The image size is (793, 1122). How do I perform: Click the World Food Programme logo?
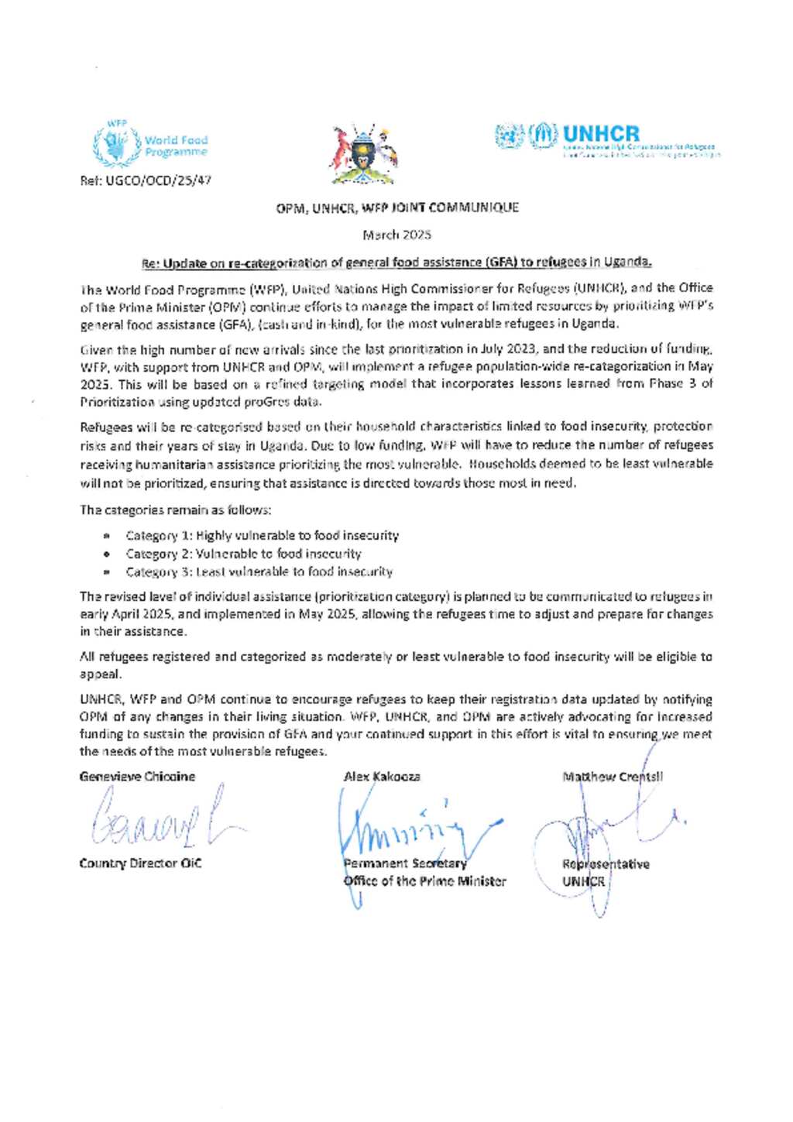click(x=150, y=144)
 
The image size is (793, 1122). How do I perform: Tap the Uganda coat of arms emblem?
click(x=362, y=154)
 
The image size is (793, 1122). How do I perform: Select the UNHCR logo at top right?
click(x=607, y=139)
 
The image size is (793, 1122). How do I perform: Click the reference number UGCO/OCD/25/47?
click(x=146, y=180)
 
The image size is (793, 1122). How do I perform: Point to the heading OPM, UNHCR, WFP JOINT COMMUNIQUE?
click(x=397, y=208)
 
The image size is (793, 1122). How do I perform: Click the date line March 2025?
click(x=396, y=234)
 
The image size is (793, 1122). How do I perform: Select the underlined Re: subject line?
click(x=396, y=262)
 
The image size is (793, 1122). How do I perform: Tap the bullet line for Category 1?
click(x=262, y=535)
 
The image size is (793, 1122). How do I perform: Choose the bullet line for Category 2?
click(x=243, y=554)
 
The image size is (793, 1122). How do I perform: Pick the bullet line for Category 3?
click(x=259, y=571)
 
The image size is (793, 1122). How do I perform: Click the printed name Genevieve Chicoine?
click(x=137, y=777)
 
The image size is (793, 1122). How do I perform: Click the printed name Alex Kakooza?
click(x=382, y=777)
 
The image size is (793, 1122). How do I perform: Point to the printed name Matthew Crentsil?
click(x=613, y=777)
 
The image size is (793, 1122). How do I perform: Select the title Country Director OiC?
click(x=140, y=863)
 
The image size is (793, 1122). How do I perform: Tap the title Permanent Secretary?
click(x=405, y=863)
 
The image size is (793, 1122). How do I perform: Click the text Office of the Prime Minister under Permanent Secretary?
click(x=424, y=881)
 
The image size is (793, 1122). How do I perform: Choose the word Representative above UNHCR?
click(x=606, y=864)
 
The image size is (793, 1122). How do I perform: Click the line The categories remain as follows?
click(x=176, y=510)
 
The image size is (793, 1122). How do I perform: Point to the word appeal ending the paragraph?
click(x=100, y=674)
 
